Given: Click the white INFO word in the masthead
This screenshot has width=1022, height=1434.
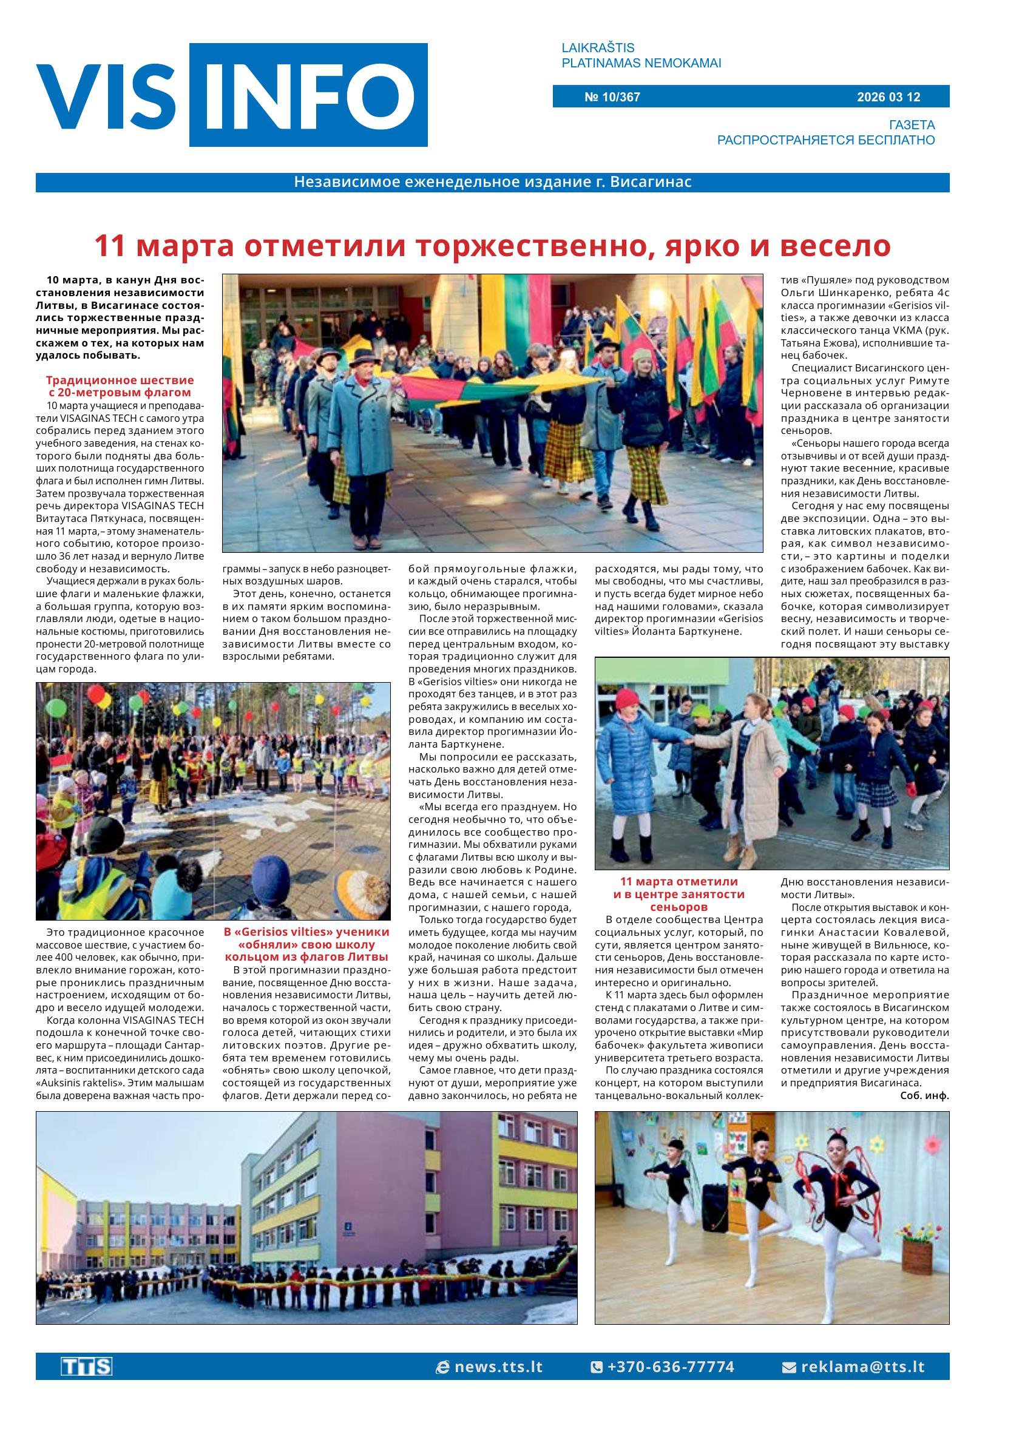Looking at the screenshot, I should (x=308, y=96).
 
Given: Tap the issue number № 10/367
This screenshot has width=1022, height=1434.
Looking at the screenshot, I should (x=612, y=97).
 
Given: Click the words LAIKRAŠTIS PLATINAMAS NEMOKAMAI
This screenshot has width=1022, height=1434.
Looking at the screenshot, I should (x=641, y=55).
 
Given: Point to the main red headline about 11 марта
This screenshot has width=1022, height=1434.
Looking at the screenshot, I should (x=492, y=246).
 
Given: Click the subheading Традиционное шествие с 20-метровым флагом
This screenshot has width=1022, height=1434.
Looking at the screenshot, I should (x=120, y=387).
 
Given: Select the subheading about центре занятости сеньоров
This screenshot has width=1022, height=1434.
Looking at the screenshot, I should (x=679, y=894).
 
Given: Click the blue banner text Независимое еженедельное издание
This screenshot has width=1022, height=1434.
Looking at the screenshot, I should (x=492, y=183).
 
